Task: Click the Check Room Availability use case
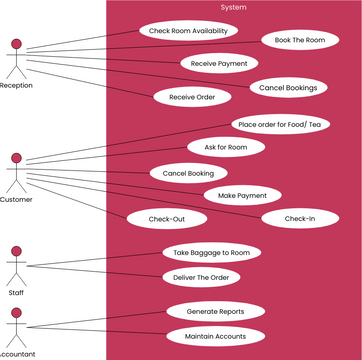pyautogui.click(x=187, y=30)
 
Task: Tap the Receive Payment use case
pyautogui.click(x=218, y=63)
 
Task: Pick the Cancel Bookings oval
pyautogui.click(x=287, y=88)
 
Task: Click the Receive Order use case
pyautogui.click(x=192, y=97)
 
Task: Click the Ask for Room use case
pyautogui.click(x=225, y=147)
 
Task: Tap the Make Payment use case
pyautogui.click(x=243, y=195)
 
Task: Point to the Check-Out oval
pyautogui.click(x=164, y=218)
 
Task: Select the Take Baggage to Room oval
pyautogui.click(x=212, y=253)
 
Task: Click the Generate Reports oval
pyautogui.click(x=214, y=311)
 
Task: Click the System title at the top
pyautogui.click(x=234, y=7)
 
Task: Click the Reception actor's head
pyautogui.click(x=15, y=45)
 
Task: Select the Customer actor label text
pyautogui.click(x=15, y=199)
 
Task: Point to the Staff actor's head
pyautogui.click(x=15, y=253)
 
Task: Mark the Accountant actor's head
pyautogui.click(x=15, y=313)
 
